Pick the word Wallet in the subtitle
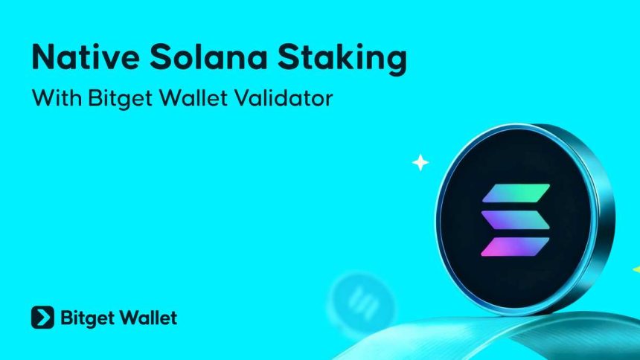pos(195,98)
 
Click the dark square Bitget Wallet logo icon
pos(42,318)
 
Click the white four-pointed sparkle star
pos(421,162)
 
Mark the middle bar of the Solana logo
pos(515,219)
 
